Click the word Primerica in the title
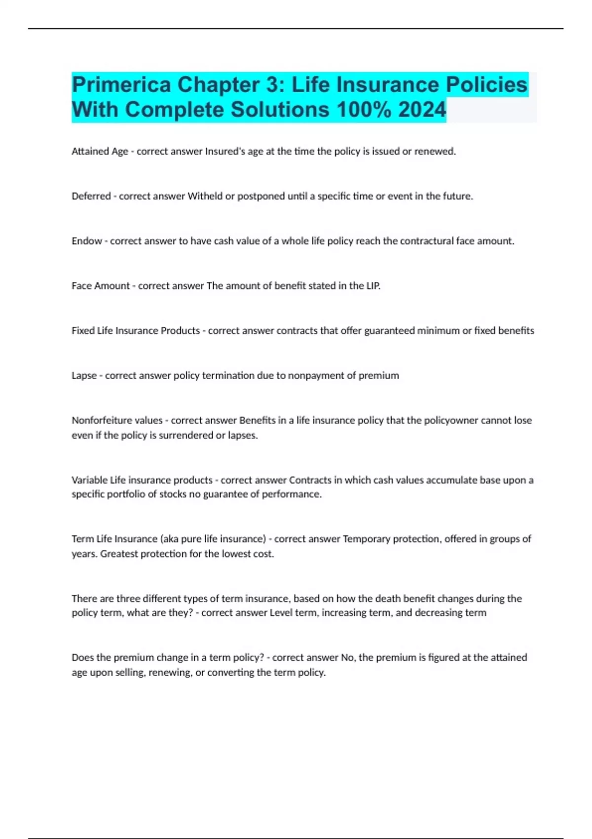[121, 85]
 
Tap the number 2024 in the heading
[422, 110]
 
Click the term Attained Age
[100, 152]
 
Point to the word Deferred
[91, 196]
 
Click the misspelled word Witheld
[205, 196]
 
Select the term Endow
[87, 241]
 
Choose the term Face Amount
[101, 286]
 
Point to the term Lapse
[84, 376]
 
